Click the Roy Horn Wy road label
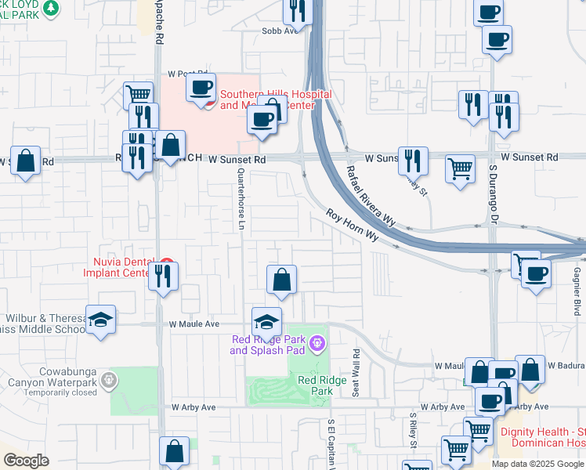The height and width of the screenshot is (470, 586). [353, 225]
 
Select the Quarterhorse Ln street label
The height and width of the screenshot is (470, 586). [241, 201]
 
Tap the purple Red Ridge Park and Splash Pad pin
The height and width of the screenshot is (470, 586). [317, 342]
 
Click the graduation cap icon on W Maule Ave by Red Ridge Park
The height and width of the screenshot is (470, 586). [266, 322]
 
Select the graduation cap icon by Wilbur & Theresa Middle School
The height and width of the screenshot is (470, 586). [100, 320]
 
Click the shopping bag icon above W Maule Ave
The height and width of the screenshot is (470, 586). [282, 280]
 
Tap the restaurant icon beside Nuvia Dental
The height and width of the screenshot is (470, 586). [163, 275]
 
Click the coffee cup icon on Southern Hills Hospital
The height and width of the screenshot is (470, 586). [201, 87]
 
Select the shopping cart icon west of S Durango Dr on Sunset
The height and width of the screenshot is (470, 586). [460, 168]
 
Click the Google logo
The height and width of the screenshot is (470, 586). [26, 461]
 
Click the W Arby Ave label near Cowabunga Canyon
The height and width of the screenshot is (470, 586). [194, 407]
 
